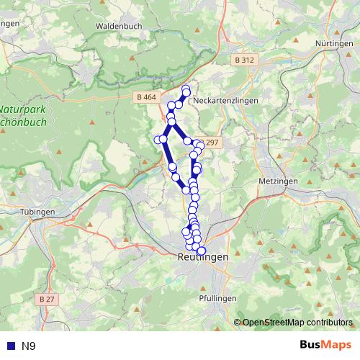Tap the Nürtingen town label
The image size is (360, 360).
(333, 44)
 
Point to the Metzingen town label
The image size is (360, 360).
(277, 181)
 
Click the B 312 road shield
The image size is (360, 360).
(244, 60)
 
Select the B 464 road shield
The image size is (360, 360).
(145, 96)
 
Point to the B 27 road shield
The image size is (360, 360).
(48, 298)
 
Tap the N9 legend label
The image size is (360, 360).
(28, 346)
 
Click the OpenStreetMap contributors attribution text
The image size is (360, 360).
(297, 322)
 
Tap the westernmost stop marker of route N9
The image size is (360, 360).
(158, 139)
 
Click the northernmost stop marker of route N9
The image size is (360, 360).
(186, 89)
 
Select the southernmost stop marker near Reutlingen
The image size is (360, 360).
(201, 251)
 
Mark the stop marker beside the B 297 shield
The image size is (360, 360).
(200, 145)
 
